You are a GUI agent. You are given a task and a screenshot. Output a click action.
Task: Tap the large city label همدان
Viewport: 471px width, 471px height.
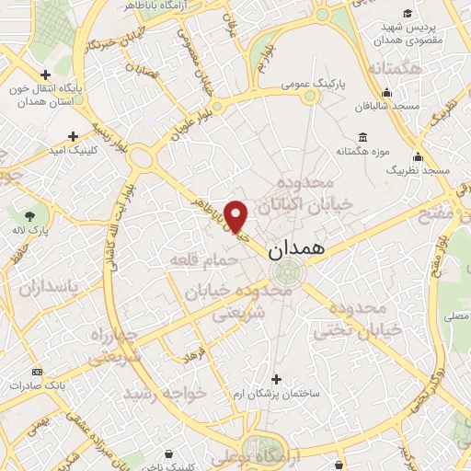[x=294, y=249]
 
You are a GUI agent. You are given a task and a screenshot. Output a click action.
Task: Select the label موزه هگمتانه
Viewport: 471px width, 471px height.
[x=363, y=150]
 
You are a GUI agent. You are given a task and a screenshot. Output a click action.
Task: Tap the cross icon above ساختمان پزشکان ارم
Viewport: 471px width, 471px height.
[x=277, y=378]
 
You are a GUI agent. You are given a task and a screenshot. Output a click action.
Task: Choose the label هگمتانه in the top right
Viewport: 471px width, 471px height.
[x=395, y=69]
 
